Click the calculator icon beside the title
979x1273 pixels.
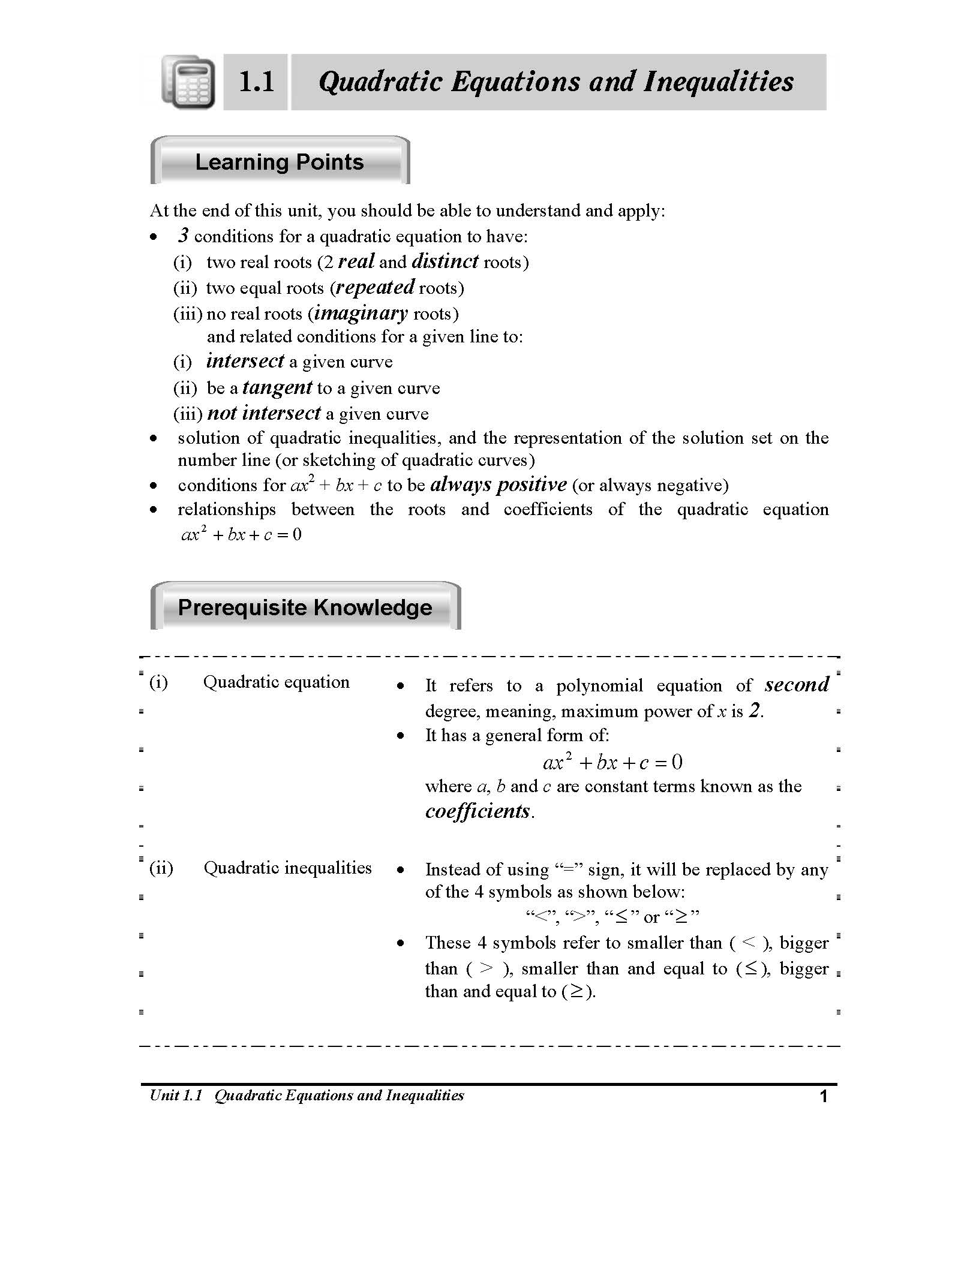188,82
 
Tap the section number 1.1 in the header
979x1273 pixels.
256,82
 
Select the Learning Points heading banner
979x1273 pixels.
280,162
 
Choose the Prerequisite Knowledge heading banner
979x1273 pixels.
305,607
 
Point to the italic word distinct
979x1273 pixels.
445,261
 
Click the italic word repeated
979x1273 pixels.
375,287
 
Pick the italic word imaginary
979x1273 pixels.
361,313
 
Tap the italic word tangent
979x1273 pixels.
277,387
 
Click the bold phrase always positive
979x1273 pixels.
498,484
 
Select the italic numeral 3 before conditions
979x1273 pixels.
183,236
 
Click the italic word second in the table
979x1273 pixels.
797,685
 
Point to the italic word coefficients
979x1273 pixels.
478,811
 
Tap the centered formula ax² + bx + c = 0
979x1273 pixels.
612,763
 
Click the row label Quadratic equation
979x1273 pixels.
276,682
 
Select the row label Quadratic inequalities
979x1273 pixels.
287,868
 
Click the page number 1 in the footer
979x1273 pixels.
824,1097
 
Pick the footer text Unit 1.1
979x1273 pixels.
175,1096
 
